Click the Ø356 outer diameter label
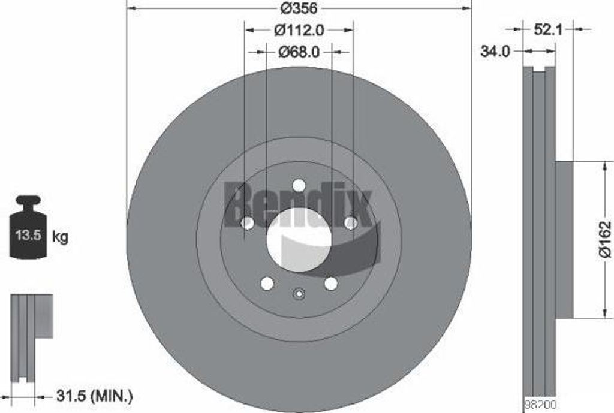pos(299,9)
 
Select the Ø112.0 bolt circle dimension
pos(299,29)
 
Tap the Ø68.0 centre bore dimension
pos(299,52)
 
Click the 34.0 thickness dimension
pos(495,52)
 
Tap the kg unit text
pos(61,237)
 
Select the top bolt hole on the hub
pos(299,186)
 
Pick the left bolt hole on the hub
pos(246,222)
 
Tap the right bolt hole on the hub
pos(351,222)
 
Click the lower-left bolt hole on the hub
pos(267,284)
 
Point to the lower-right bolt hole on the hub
pos(330,284)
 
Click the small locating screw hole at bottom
pos(299,293)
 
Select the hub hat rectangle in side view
pos(564,240)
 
